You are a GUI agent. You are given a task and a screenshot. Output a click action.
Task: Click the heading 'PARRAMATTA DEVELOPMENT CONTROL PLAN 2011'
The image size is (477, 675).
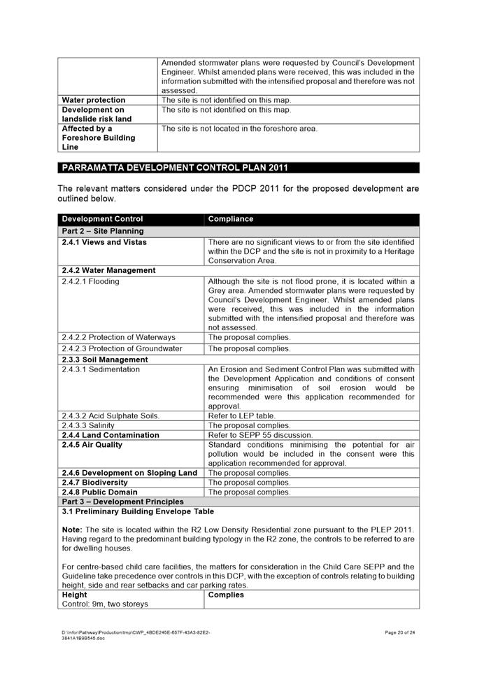pyautogui.click(x=175, y=168)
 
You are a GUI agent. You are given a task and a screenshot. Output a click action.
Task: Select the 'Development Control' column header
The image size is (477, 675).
pyautogui.click(x=102, y=219)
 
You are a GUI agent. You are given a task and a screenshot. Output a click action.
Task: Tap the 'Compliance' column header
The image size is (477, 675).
pyautogui.click(x=231, y=219)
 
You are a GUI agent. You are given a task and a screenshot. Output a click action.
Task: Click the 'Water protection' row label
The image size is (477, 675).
pyautogui.click(x=94, y=100)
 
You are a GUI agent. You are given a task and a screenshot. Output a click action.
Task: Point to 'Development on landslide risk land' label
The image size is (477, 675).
pyautogui.click(x=97, y=115)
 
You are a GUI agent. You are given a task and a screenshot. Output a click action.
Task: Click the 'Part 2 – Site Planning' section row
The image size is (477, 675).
pyautogui.click(x=103, y=231)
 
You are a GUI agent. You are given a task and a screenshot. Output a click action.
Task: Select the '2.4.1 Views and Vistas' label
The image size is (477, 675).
pyautogui.click(x=104, y=242)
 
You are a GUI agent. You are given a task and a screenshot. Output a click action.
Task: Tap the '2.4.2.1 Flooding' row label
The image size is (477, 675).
pyautogui.click(x=90, y=281)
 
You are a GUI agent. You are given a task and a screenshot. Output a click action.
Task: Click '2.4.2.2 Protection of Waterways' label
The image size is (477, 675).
pyautogui.click(x=119, y=337)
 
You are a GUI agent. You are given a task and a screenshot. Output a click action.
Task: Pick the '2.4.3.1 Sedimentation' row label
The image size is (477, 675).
pyautogui.click(x=101, y=369)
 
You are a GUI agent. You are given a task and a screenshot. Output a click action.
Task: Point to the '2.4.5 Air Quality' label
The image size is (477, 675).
pyautogui.click(x=92, y=445)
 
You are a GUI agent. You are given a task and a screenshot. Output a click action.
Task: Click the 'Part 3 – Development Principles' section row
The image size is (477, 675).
pyautogui.click(x=123, y=502)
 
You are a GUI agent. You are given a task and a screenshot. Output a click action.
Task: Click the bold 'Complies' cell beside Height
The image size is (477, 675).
pyautogui.click(x=226, y=595)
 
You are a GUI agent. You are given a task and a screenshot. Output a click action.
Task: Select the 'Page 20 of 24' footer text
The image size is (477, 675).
pyautogui.click(x=400, y=632)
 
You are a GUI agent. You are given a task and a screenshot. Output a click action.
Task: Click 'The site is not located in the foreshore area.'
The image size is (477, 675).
pyautogui.click(x=239, y=129)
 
